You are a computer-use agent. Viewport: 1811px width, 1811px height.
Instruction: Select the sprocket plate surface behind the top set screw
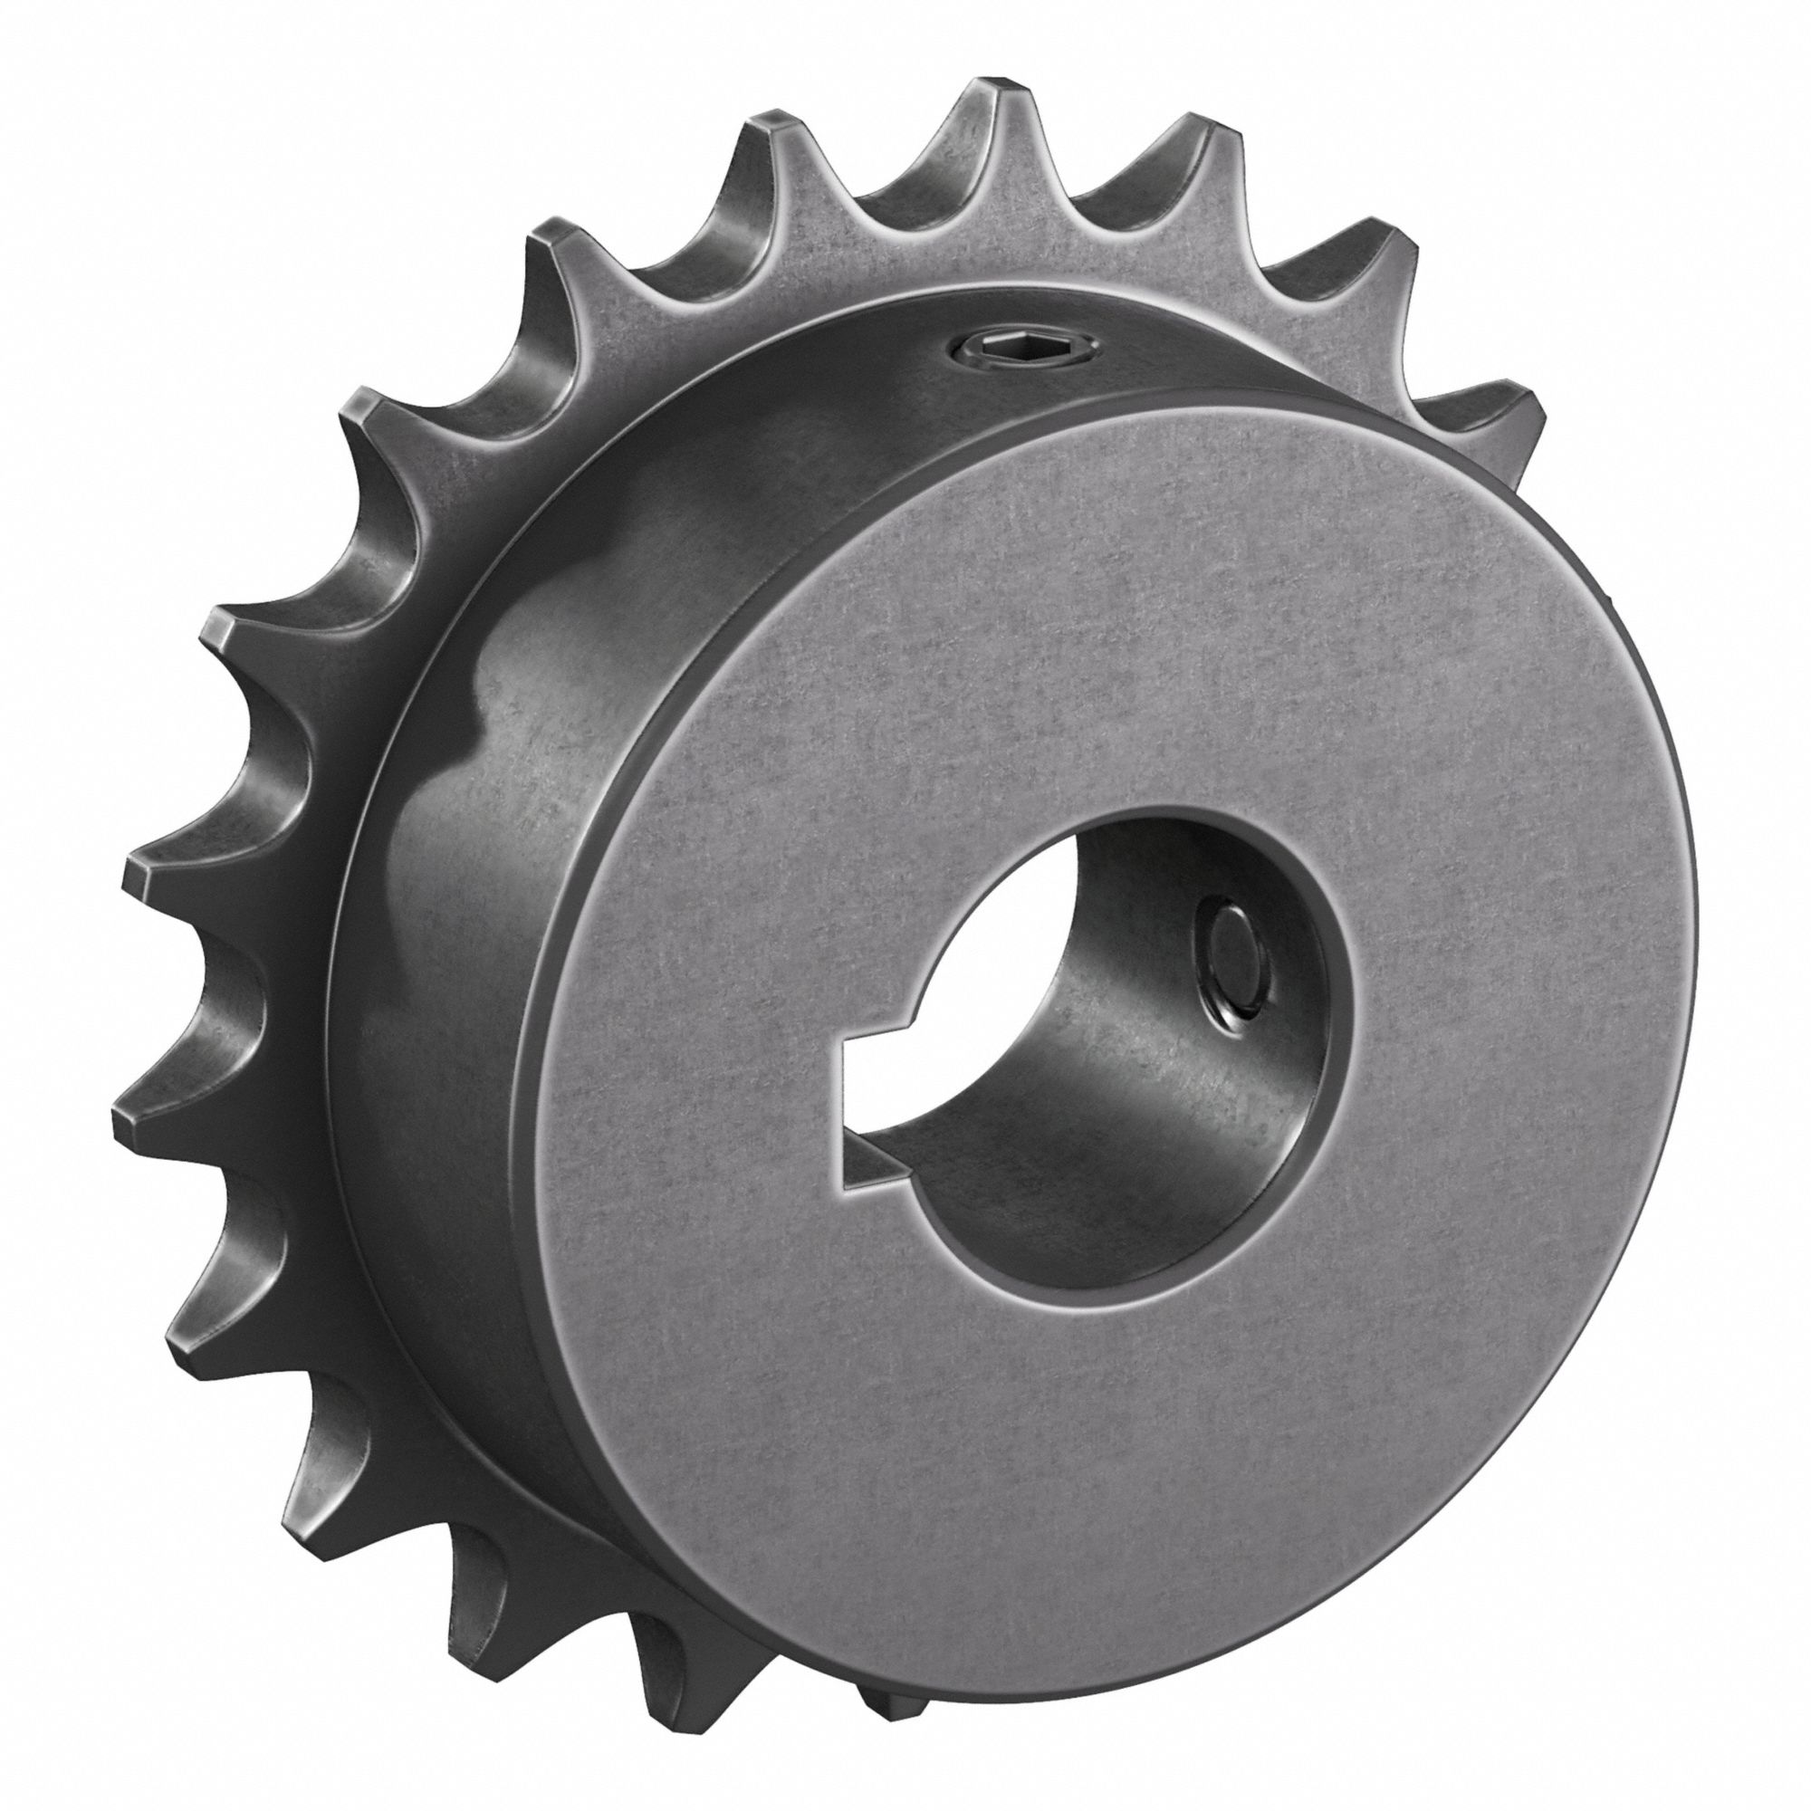956,263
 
